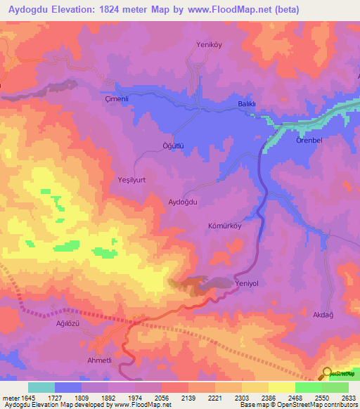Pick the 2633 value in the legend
[x=348, y=398]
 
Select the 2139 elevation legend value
[x=188, y=398]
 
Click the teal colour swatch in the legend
[x=41, y=387]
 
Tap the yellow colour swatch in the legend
[x=281, y=387]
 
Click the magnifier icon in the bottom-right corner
[x=328, y=374]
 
